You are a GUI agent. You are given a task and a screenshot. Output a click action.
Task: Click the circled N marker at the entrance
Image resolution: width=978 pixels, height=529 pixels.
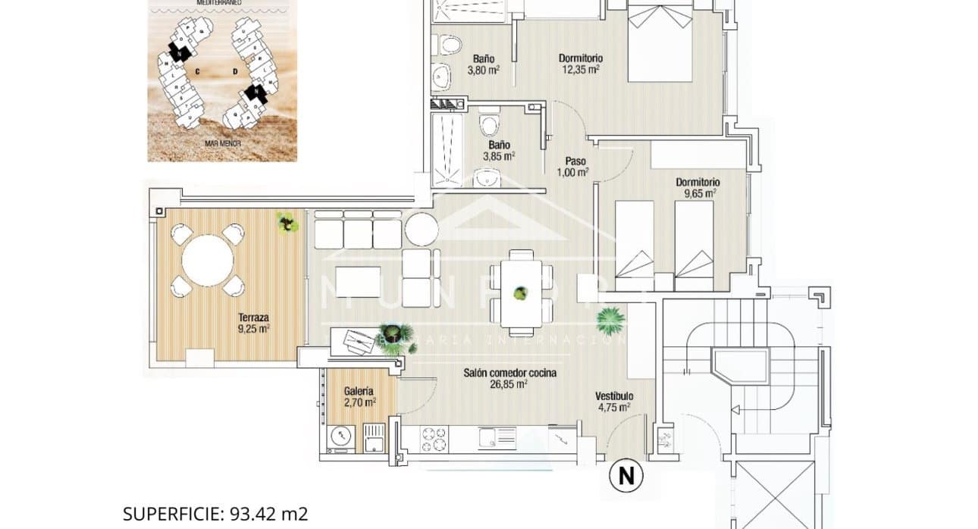pyautogui.click(x=626, y=477)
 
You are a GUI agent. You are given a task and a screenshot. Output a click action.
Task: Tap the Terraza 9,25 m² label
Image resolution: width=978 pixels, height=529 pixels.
pyautogui.click(x=253, y=324)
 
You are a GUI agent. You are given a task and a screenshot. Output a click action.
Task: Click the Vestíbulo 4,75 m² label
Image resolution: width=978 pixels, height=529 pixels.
pyautogui.click(x=614, y=401)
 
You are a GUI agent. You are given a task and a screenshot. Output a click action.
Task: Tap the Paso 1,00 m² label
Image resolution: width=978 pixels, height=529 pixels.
pyautogui.click(x=577, y=167)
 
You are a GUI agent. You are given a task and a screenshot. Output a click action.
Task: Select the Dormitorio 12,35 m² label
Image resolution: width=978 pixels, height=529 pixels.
pyautogui.click(x=580, y=63)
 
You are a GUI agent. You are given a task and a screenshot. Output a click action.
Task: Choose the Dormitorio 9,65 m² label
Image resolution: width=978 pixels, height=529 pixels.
pyautogui.click(x=697, y=187)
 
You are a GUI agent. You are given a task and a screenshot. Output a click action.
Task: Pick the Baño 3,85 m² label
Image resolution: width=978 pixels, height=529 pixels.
pyautogui.click(x=499, y=150)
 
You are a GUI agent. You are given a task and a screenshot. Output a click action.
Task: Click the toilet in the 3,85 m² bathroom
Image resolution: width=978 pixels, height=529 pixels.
pyautogui.click(x=490, y=124)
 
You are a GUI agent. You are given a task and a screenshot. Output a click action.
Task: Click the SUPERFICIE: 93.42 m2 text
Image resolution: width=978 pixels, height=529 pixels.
pyautogui.click(x=215, y=514)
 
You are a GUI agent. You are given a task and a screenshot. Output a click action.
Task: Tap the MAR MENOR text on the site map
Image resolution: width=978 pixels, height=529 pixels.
pyautogui.click(x=222, y=142)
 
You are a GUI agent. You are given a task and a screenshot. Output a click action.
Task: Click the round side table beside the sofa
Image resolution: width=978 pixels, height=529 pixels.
pyautogui.click(x=422, y=228)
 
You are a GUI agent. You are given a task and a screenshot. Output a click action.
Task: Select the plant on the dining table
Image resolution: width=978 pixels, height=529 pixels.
pyautogui.click(x=520, y=293)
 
